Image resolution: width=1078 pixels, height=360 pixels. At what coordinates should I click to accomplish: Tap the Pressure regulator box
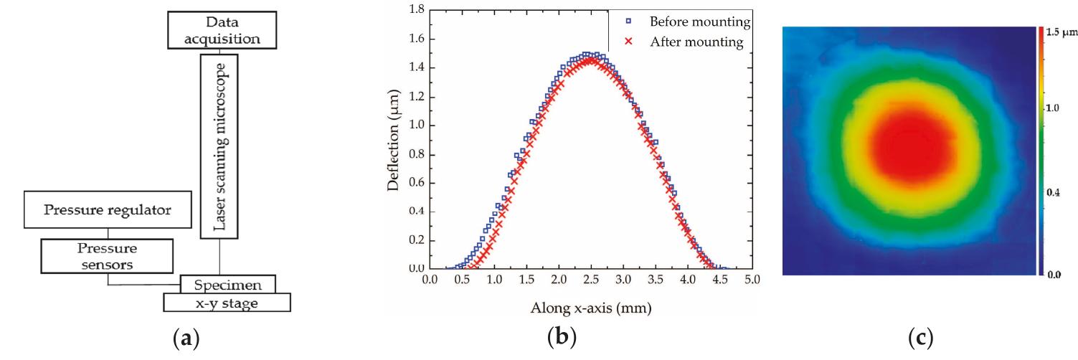107,210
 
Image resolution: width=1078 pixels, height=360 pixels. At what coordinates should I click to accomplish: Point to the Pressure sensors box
108,256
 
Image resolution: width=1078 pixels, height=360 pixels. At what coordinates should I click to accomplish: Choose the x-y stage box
227,303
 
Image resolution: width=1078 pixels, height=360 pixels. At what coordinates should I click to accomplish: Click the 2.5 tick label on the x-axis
590,278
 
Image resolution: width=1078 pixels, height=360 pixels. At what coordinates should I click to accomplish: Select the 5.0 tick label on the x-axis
751,278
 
